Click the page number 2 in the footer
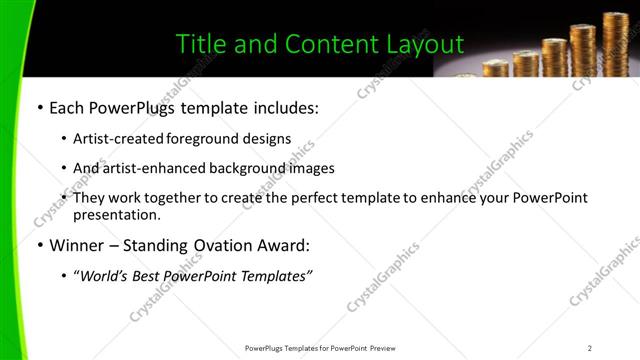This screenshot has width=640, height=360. [590, 348]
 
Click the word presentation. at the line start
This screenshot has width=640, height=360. [116, 215]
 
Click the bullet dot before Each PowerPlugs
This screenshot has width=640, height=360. [39, 107]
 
